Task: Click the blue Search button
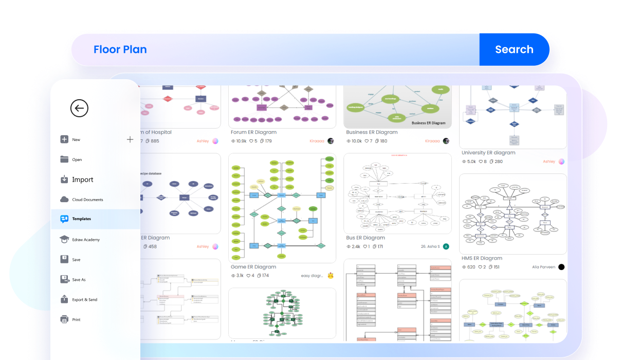click(514, 50)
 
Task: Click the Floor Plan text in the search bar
click(120, 50)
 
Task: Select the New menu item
click(76, 140)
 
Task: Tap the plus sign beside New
click(130, 139)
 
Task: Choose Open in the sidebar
click(77, 159)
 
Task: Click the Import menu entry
click(82, 179)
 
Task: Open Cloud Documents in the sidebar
click(87, 200)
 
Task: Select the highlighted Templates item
click(81, 219)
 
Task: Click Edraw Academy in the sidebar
click(86, 240)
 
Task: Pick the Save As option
click(79, 280)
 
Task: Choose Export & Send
click(84, 300)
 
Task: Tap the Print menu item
click(76, 320)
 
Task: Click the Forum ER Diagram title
click(257, 132)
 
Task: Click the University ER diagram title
click(488, 153)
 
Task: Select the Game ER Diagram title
click(253, 267)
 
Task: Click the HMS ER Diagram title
click(482, 258)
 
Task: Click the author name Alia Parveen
click(544, 267)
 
